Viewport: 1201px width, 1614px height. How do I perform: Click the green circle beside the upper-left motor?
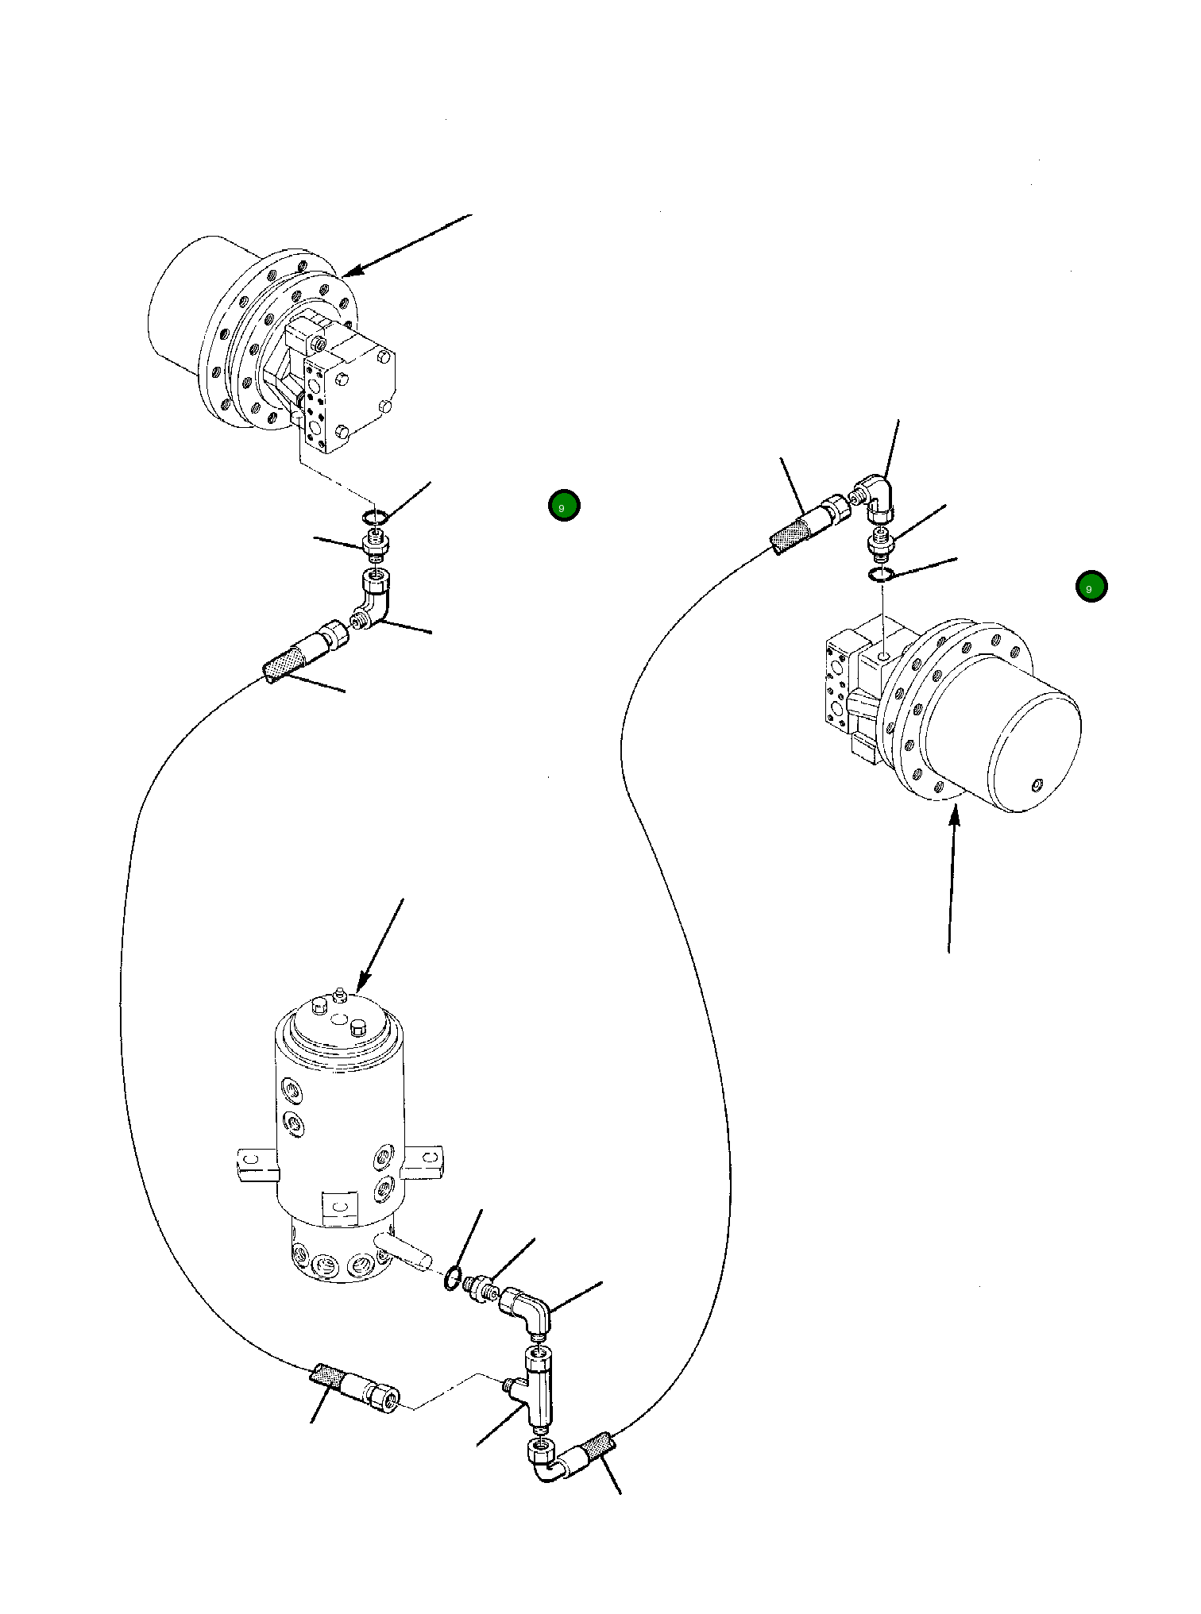564,506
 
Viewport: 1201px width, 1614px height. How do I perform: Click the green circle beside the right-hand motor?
1091,587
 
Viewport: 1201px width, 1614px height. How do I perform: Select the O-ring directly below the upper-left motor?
375,518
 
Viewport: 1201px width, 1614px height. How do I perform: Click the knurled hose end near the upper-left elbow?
284,664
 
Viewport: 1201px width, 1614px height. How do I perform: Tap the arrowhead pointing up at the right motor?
956,815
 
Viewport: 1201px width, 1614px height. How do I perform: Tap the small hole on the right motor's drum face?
1036,785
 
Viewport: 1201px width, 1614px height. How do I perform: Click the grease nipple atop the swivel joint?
339,994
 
